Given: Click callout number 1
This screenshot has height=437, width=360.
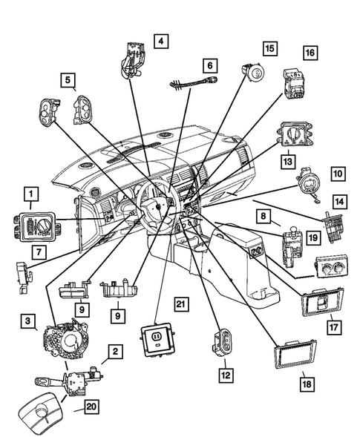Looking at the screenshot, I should pyautogui.click(x=30, y=195).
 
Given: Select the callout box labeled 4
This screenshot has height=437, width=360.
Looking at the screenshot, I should pyautogui.click(x=161, y=41).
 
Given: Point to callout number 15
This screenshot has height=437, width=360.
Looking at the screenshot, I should pyautogui.click(x=269, y=48).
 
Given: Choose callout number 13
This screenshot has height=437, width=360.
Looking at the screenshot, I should pyautogui.click(x=287, y=160).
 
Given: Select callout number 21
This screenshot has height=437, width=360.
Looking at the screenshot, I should pyautogui.click(x=179, y=303).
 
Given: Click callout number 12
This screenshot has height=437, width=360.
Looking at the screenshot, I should pyautogui.click(x=223, y=375).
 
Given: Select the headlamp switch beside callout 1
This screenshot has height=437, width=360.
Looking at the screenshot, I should pyautogui.click(x=37, y=223).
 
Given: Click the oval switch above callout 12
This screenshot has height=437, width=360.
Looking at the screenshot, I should pyautogui.click(x=221, y=343).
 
